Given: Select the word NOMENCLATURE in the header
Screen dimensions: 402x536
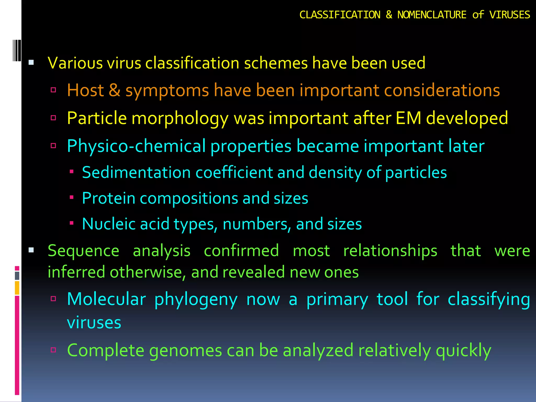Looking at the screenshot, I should pos(432,15).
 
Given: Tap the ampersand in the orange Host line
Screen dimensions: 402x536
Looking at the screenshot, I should pos(114,90).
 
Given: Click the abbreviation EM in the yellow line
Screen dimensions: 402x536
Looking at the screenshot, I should pos(408,118).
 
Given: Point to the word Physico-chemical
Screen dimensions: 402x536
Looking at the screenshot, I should pos(136,146).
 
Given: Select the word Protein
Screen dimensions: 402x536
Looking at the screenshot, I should pos(108,198).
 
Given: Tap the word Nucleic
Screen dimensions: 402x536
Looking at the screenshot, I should pos(109,224).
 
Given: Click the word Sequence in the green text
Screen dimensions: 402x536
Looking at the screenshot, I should pos(83,251).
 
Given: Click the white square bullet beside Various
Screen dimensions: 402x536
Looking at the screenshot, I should pos(31,63).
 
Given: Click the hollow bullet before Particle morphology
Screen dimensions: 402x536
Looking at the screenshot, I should pos(53,118).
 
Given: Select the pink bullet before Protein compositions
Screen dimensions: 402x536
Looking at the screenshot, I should pos(71,197).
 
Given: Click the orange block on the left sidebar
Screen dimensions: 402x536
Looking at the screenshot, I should pos(17,288).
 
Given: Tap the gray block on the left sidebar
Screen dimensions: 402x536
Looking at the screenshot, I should pos(17,276).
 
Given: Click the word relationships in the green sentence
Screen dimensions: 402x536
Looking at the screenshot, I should pos(390,251).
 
